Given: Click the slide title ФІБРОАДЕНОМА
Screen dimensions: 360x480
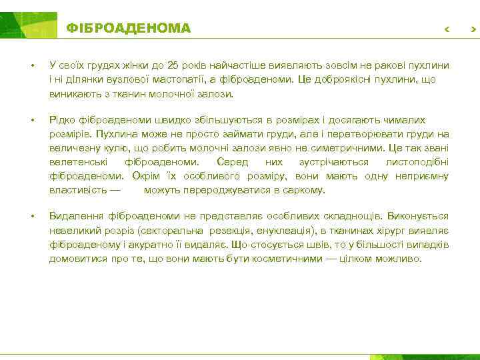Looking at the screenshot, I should coord(128,29).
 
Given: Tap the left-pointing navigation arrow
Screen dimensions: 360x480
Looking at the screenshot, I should coord(447,30).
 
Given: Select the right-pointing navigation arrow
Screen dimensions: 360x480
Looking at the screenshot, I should coord(473,30).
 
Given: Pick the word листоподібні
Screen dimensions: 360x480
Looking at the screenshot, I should coord(417,162).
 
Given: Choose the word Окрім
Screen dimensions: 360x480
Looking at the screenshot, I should coord(145,176).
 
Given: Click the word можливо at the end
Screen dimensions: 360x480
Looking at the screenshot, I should coord(399,258).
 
